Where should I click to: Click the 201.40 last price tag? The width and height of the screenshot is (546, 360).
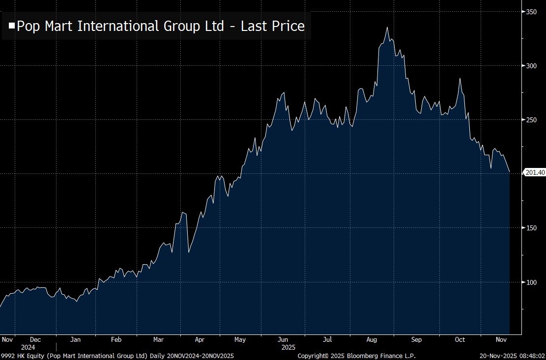535,172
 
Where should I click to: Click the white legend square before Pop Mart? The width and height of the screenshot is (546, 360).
12,26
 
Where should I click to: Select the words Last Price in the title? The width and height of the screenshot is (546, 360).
273,26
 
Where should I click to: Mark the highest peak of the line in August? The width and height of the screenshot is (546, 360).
387,28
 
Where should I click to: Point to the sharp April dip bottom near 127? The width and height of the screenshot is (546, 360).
189,252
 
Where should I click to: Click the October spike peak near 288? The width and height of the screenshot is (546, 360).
460,78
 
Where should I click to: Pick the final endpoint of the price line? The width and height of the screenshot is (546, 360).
510,172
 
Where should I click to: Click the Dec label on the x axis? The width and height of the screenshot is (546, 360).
35,339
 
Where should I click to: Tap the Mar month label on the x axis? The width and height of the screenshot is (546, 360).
158,339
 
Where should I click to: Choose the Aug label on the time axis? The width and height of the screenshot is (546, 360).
372,339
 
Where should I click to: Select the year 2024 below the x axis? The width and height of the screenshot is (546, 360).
28,347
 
